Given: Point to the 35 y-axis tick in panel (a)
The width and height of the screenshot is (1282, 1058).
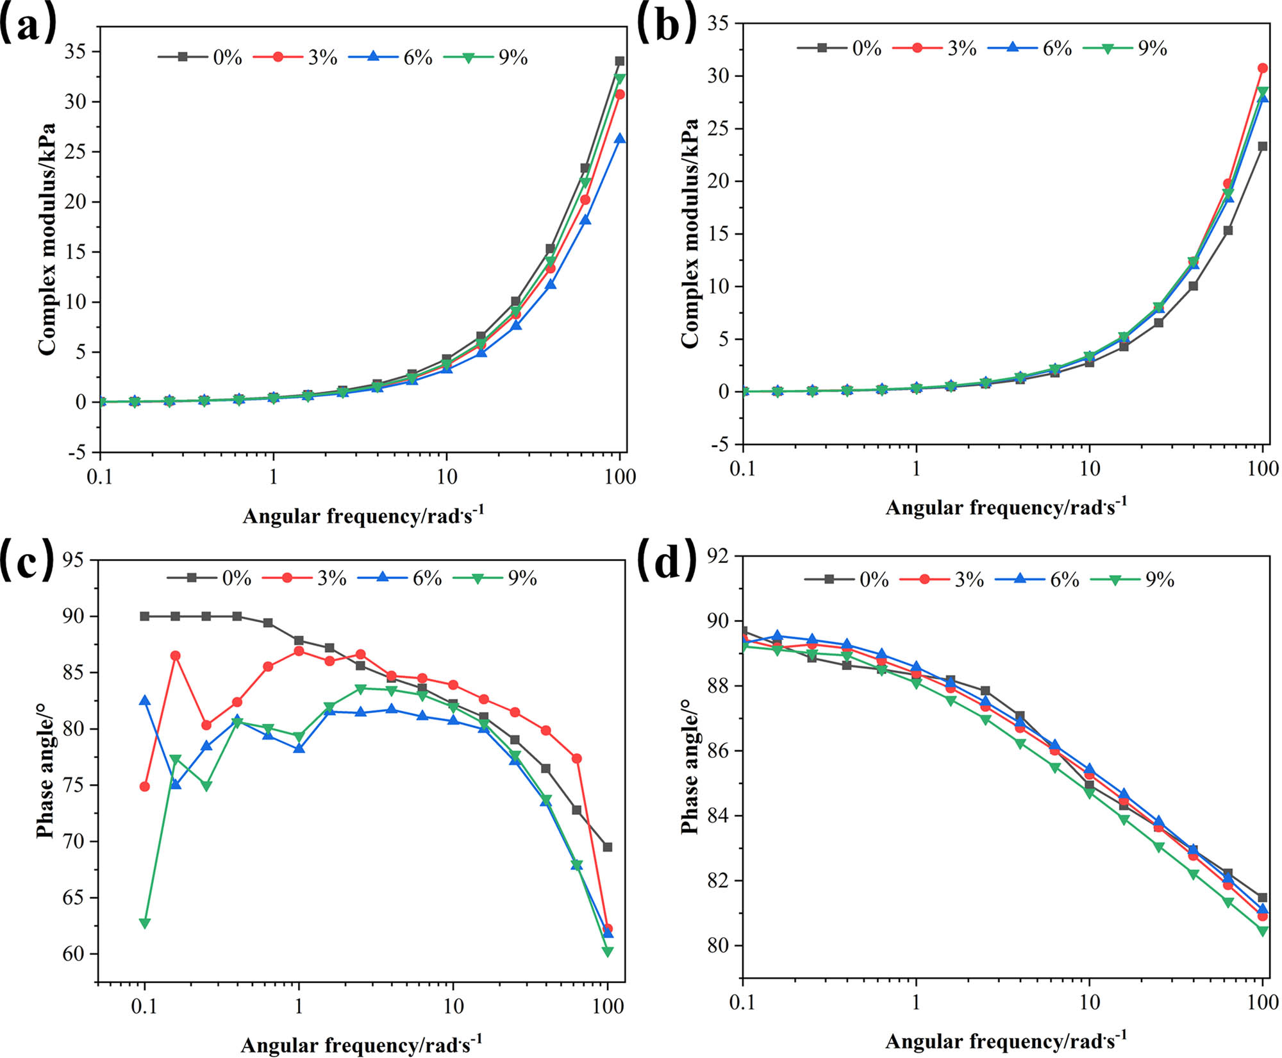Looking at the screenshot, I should pos(75,51).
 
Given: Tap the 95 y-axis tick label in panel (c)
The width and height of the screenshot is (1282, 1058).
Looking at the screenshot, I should pos(73,560).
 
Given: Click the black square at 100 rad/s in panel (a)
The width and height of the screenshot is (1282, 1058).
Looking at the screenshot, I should pos(620,62).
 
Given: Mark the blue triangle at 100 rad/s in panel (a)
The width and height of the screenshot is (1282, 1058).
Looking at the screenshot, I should pos(620,139).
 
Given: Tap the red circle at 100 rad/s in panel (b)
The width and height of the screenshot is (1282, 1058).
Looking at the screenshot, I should pos(1263,68).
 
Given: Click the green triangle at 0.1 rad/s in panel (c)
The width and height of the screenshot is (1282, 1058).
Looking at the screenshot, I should pos(145,923).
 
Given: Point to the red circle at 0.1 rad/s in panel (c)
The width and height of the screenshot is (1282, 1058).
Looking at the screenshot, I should pos(145,786).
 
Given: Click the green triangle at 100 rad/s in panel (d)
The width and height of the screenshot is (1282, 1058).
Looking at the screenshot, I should pos(1263,931).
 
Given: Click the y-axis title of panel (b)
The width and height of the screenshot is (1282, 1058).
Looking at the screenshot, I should pos(690,234).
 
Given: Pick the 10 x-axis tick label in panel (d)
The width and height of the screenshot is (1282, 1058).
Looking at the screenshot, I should pos(1090,1002).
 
